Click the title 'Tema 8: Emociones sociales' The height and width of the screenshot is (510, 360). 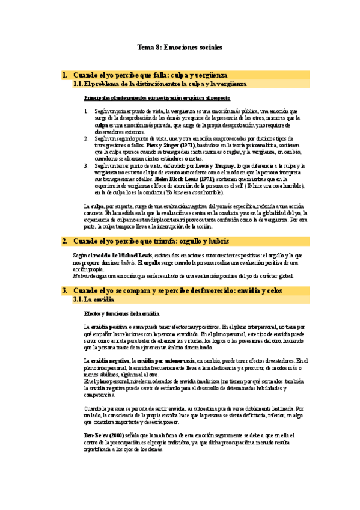tap(180, 46)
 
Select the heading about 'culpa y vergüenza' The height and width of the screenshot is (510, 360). tap(150, 75)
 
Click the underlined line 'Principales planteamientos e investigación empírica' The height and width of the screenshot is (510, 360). tap(157, 97)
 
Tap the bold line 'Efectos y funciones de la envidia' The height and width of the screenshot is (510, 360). tap(122, 313)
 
